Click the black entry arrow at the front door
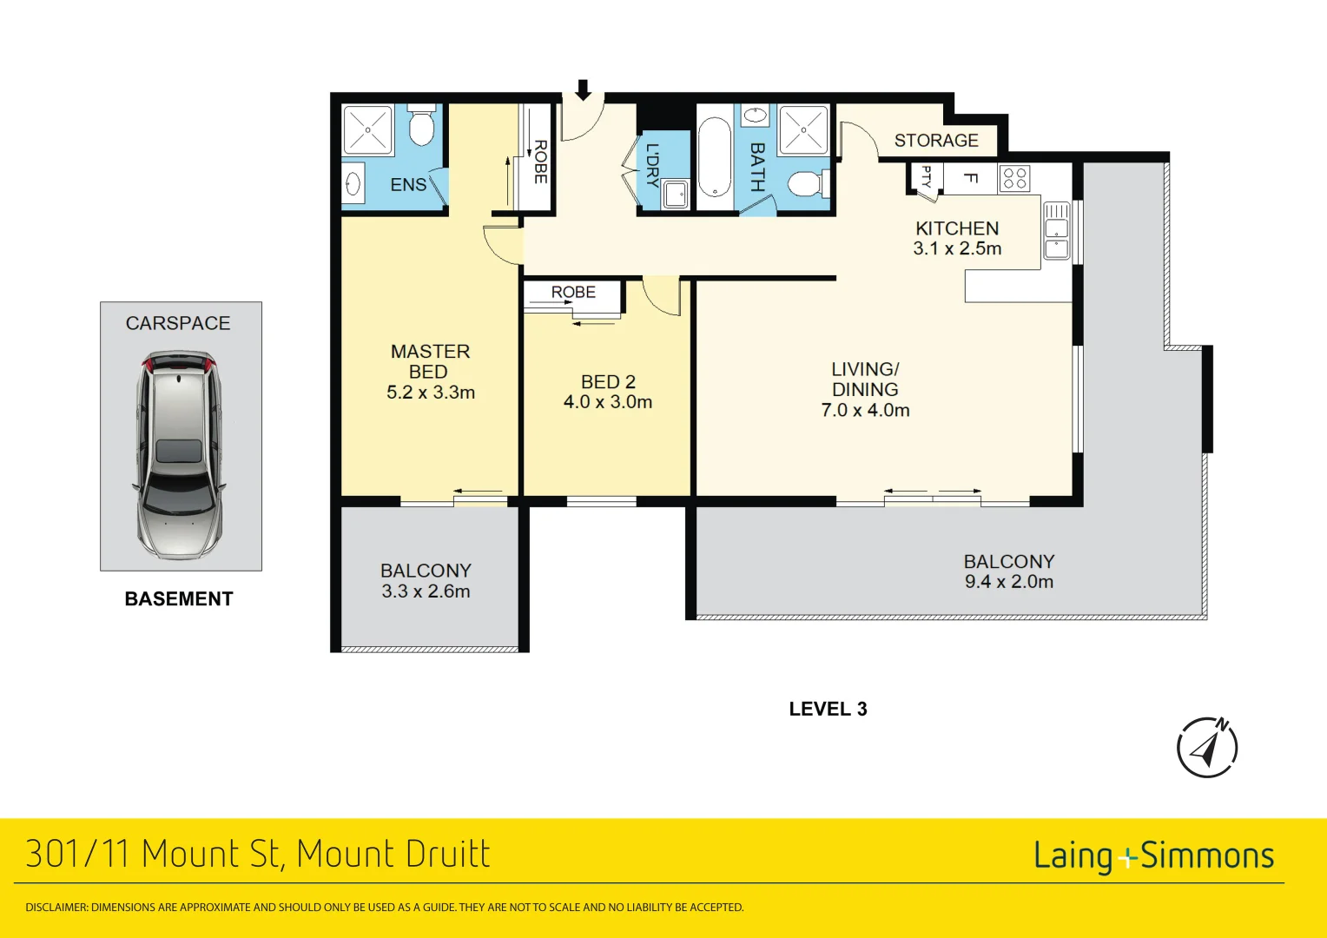pyautogui.click(x=583, y=89)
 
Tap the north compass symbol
pyautogui.click(x=1207, y=748)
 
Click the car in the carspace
pyautogui.click(x=180, y=453)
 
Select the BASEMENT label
pyautogui.click(x=179, y=599)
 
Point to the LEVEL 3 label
pyautogui.click(x=828, y=710)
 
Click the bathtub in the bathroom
pyautogui.click(x=715, y=157)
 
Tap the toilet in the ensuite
pyautogui.click(x=422, y=129)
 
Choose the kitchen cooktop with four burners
pyautogui.click(x=1014, y=178)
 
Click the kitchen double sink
pyautogui.click(x=1056, y=231)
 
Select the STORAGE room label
pyautogui.click(x=936, y=141)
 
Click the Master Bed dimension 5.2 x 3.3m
pyautogui.click(x=431, y=393)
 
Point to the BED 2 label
pyautogui.click(x=608, y=382)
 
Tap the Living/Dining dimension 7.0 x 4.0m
pyautogui.click(x=865, y=411)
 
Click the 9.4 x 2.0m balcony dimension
pyautogui.click(x=1008, y=582)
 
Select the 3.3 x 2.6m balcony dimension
pyautogui.click(x=426, y=591)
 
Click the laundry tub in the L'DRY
pyautogui.click(x=676, y=194)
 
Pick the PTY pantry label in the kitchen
pyautogui.click(x=926, y=176)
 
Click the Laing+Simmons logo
pyautogui.click(x=1153, y=856)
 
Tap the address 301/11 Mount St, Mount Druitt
pyautogui.click(x=258, y=855)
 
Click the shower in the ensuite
pyautogui.click(x=367, y=130)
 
